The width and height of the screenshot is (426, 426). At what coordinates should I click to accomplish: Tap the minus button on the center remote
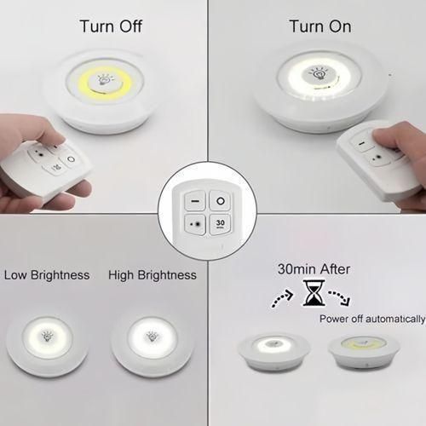pyautogui.click(x=194, y=201)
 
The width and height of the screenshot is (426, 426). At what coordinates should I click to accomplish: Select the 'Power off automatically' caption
pyautogui.click(x=371, y=319)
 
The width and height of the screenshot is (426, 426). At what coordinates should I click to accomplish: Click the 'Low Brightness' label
pyautogui.click(x=47, y=275)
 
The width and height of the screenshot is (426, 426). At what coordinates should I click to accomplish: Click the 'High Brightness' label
pyautogui.click(x=153, y=275)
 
